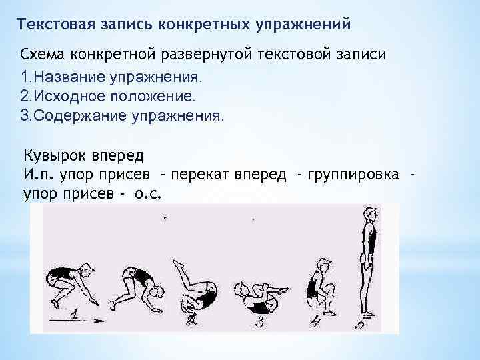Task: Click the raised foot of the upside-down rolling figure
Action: (x=178, y=265)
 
